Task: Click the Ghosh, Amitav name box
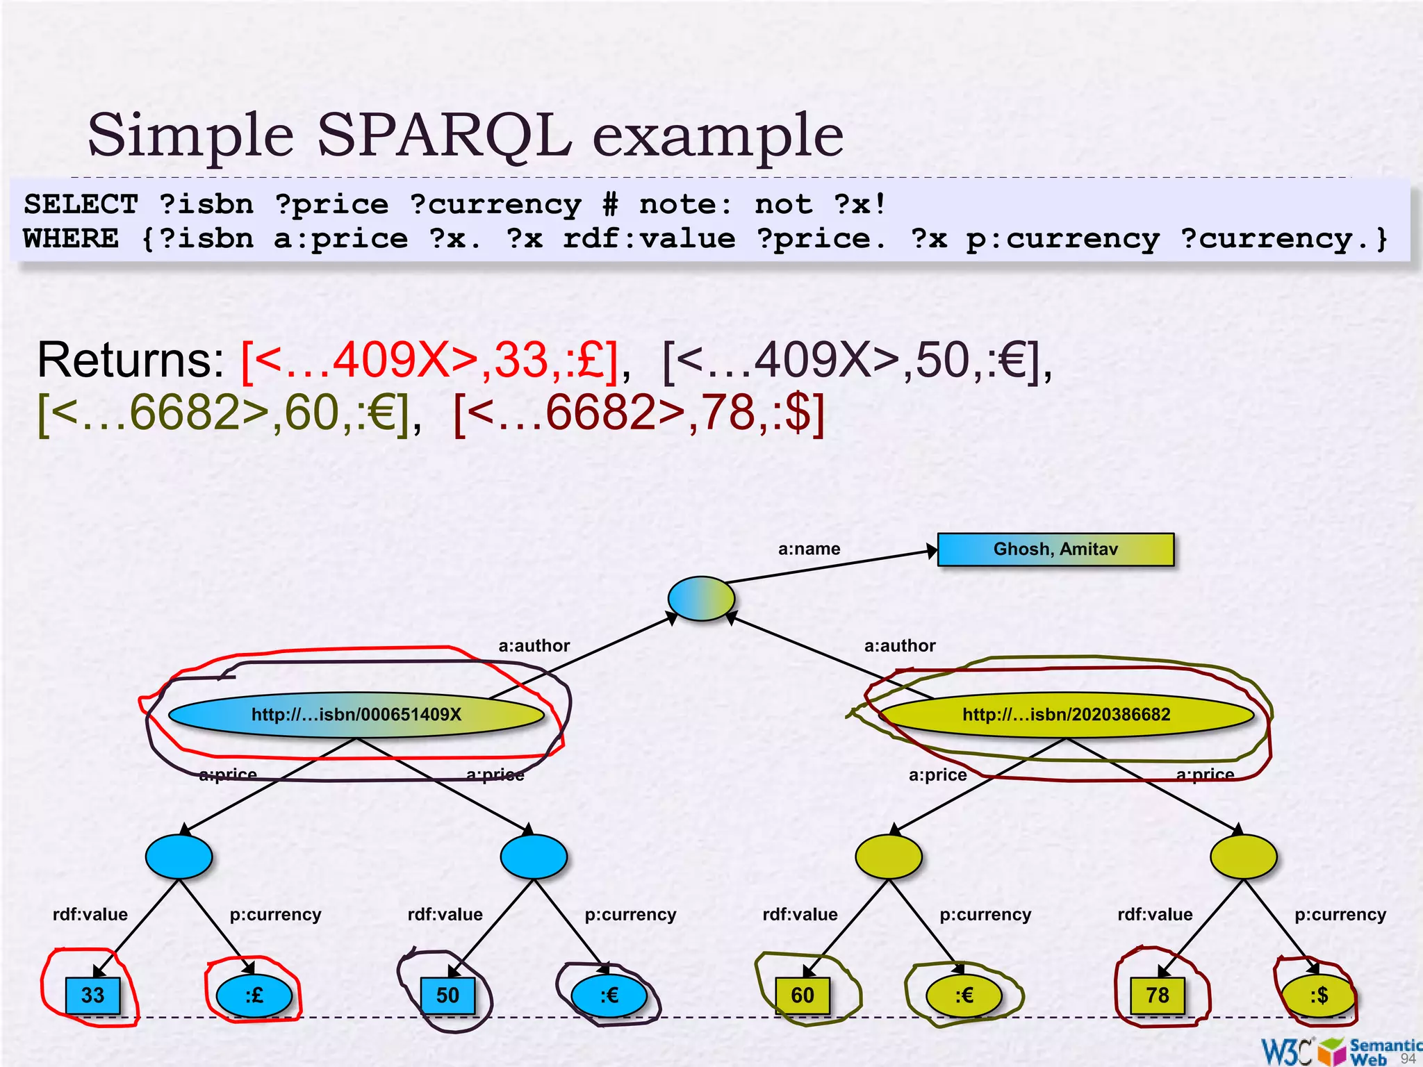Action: click(x=1055, y=549)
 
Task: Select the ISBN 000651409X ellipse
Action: click(x=356, y=715)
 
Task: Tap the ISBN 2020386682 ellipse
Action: click(x=1066, y=715)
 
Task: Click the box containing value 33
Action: click(x=93, y=995)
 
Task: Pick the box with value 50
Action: click(x=448, y=995)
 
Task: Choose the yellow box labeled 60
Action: click(x=803, y=995)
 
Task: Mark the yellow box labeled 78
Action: click(x=1158, y=995)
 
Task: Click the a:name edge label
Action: click(x=809, y=549)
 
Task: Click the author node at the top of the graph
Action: click(x=701, y=598)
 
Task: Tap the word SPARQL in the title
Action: click(x=444, y=135)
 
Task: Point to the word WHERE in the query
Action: click(x=71, y=239)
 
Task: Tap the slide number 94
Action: click(x=1408, y=1059)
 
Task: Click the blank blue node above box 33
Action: click(x=179, y=857)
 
